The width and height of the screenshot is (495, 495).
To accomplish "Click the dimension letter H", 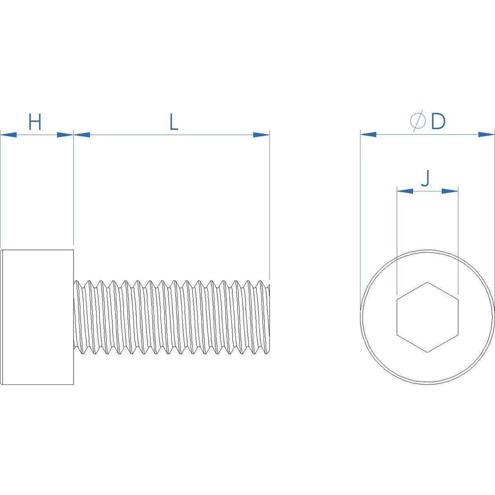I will (35, 122).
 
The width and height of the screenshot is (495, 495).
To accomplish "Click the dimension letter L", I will (174, 122).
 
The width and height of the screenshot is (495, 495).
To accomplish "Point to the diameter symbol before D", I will (418, 122).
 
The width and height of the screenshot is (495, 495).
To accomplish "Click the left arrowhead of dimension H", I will (8, 134).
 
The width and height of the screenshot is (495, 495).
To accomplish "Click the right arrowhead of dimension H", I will (65, 134).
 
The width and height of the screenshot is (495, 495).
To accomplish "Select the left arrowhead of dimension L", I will (82, 134).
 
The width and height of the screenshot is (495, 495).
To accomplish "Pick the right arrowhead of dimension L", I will (261, 134).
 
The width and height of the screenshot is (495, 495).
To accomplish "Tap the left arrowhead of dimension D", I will (368, 134).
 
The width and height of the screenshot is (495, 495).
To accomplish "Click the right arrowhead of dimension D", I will (486, 134).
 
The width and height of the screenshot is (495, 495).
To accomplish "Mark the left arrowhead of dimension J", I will (405, 191).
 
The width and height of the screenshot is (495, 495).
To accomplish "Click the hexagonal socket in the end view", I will (427, 317).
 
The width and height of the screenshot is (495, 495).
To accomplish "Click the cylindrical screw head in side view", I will (38, 317).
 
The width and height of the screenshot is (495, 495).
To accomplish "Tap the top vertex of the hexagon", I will (427, 282).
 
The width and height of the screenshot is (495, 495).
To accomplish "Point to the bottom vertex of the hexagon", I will (427, 351).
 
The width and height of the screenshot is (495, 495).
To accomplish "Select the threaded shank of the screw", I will (171, 317).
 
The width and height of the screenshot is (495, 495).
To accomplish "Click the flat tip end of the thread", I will (269, 317).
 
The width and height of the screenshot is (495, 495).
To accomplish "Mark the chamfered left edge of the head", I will (2, 317).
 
